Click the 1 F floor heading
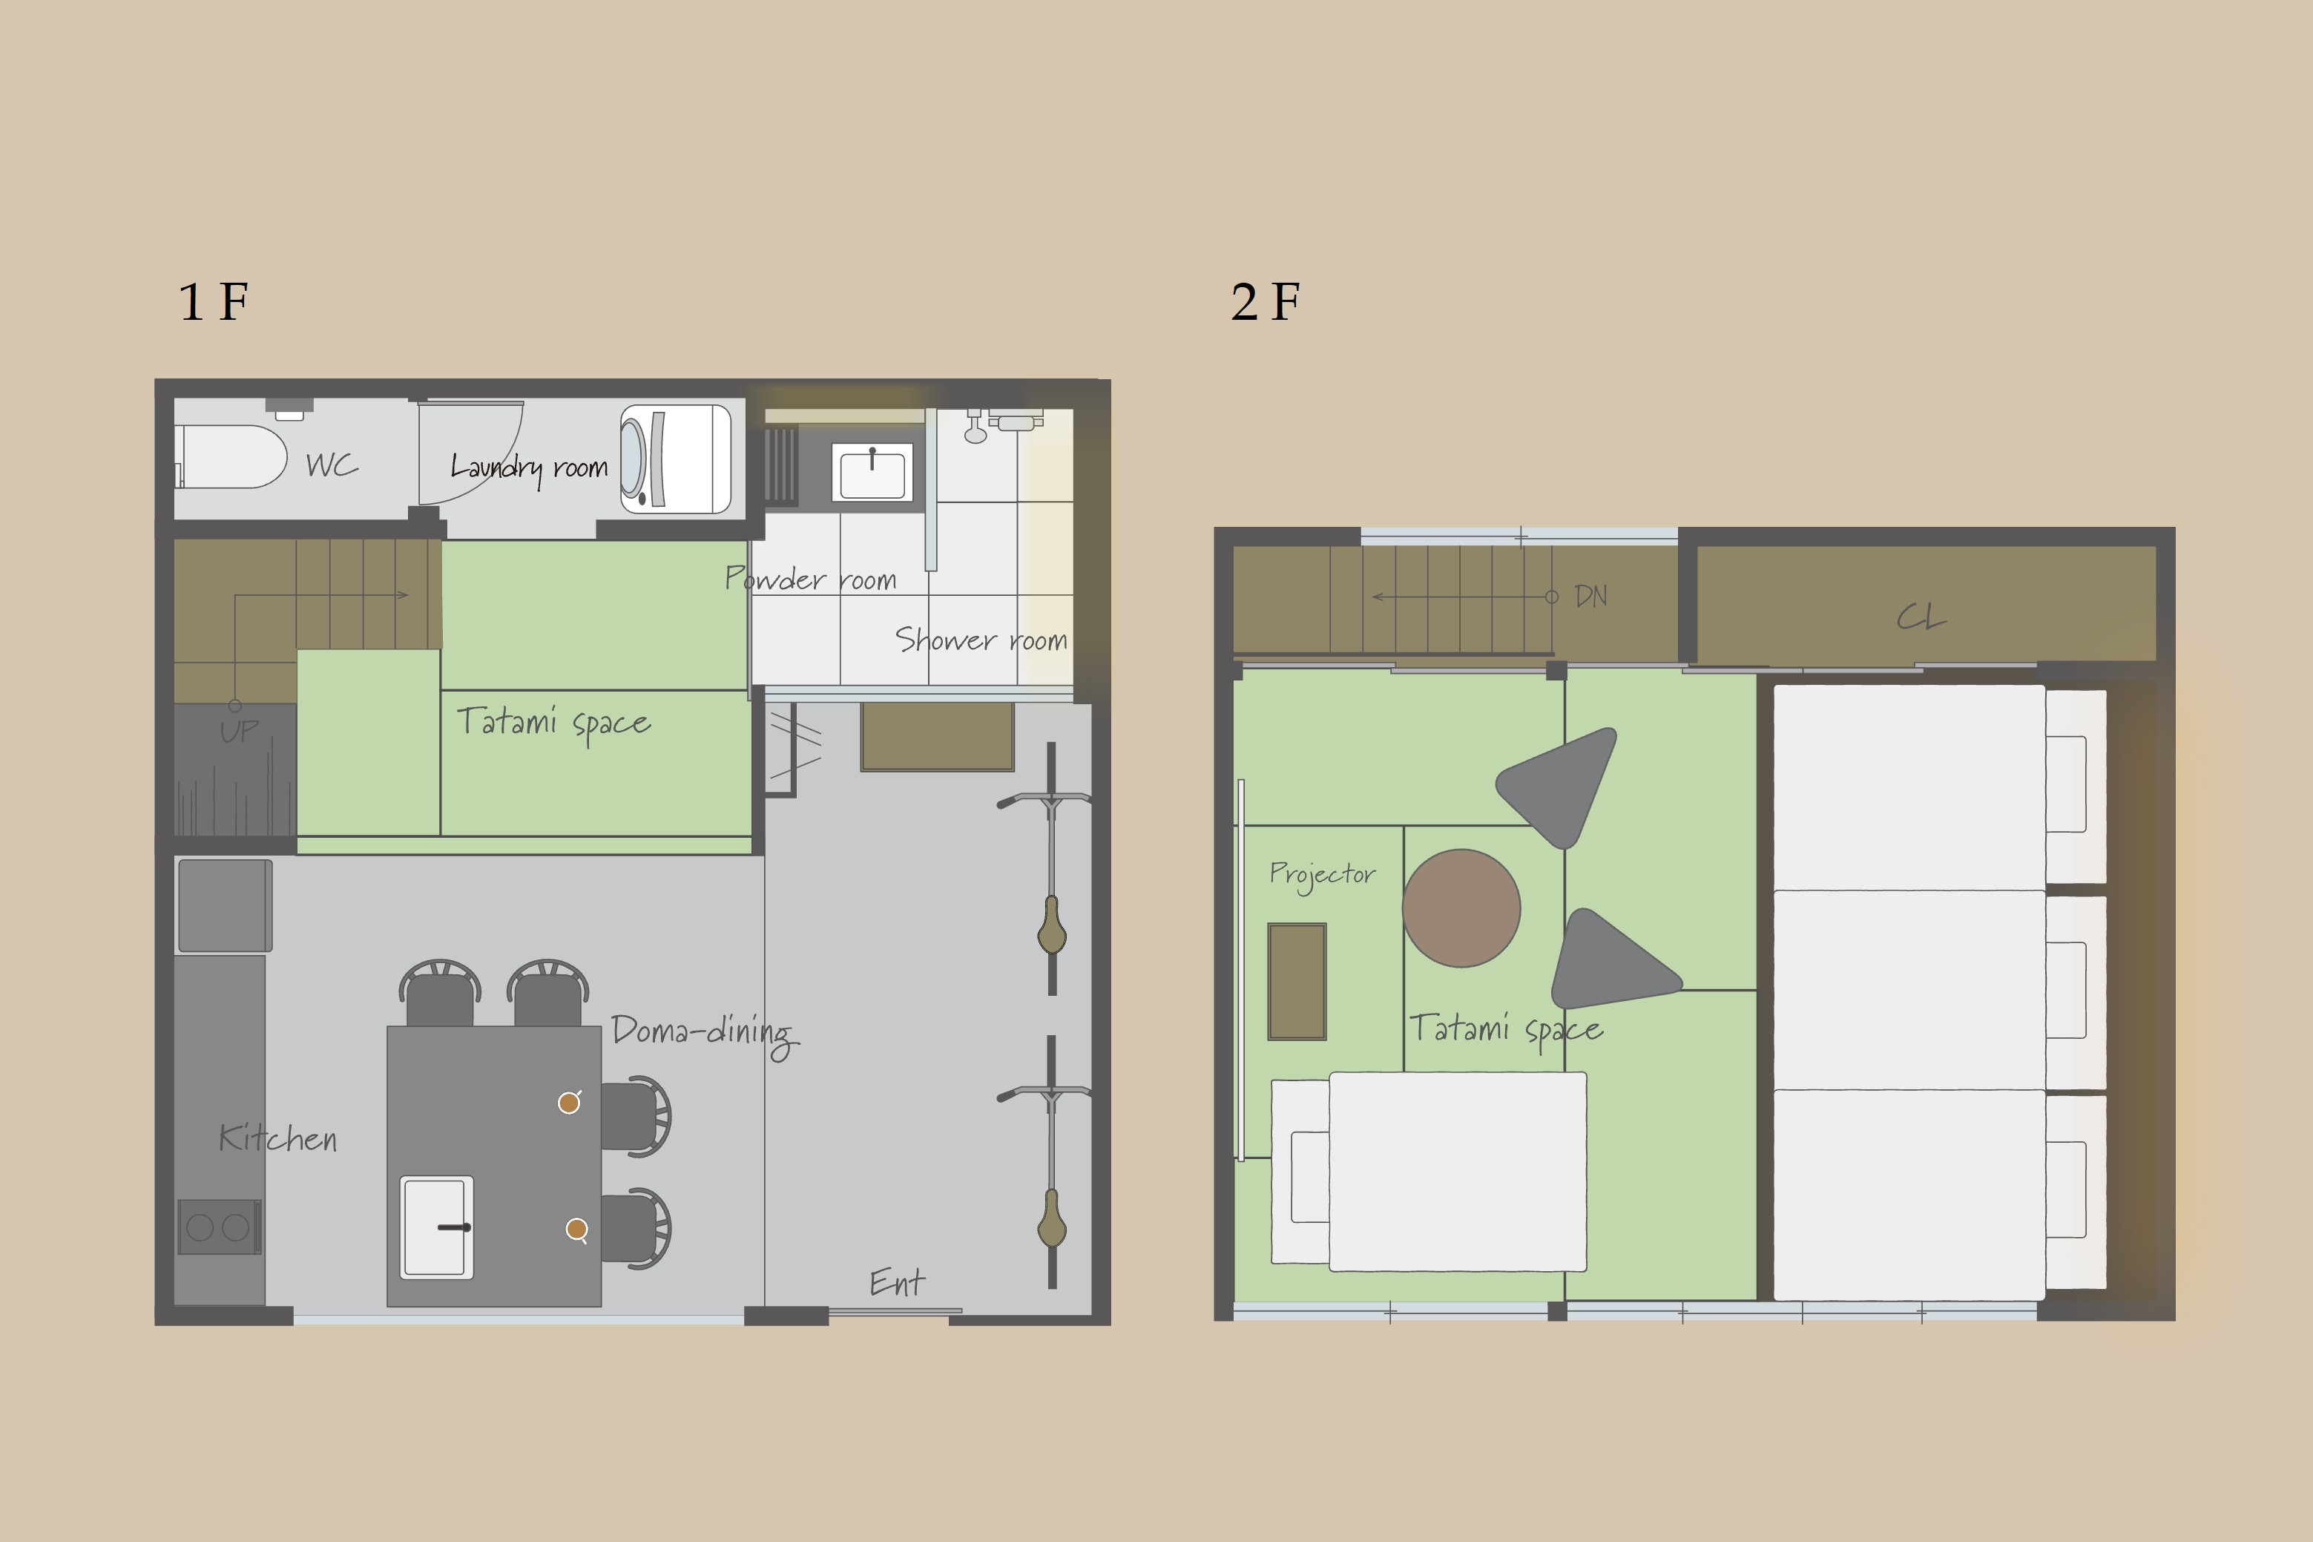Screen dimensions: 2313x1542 [x=214, y=301]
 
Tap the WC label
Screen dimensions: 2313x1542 [x=332, y=465]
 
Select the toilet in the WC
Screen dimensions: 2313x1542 [x=232, y=456]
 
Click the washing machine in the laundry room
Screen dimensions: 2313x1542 [x=675, y=459]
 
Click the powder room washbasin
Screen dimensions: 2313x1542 [x=872, y=472]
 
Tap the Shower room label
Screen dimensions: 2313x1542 [x=981, y=640]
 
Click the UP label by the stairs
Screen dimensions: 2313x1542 [x=240, y=731]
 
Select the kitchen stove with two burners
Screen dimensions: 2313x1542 [x=220, y=1227]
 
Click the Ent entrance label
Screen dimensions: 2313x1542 [x=897, y=1282]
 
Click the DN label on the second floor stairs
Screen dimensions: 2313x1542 [x=1590, y=596]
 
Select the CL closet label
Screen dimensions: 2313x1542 [x=1921, y=617]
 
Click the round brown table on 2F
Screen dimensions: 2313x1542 [x=1461, y=908]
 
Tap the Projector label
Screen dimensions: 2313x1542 [x=1322, y=875]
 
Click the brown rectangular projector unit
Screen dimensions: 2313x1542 [x=1297, y=982]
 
